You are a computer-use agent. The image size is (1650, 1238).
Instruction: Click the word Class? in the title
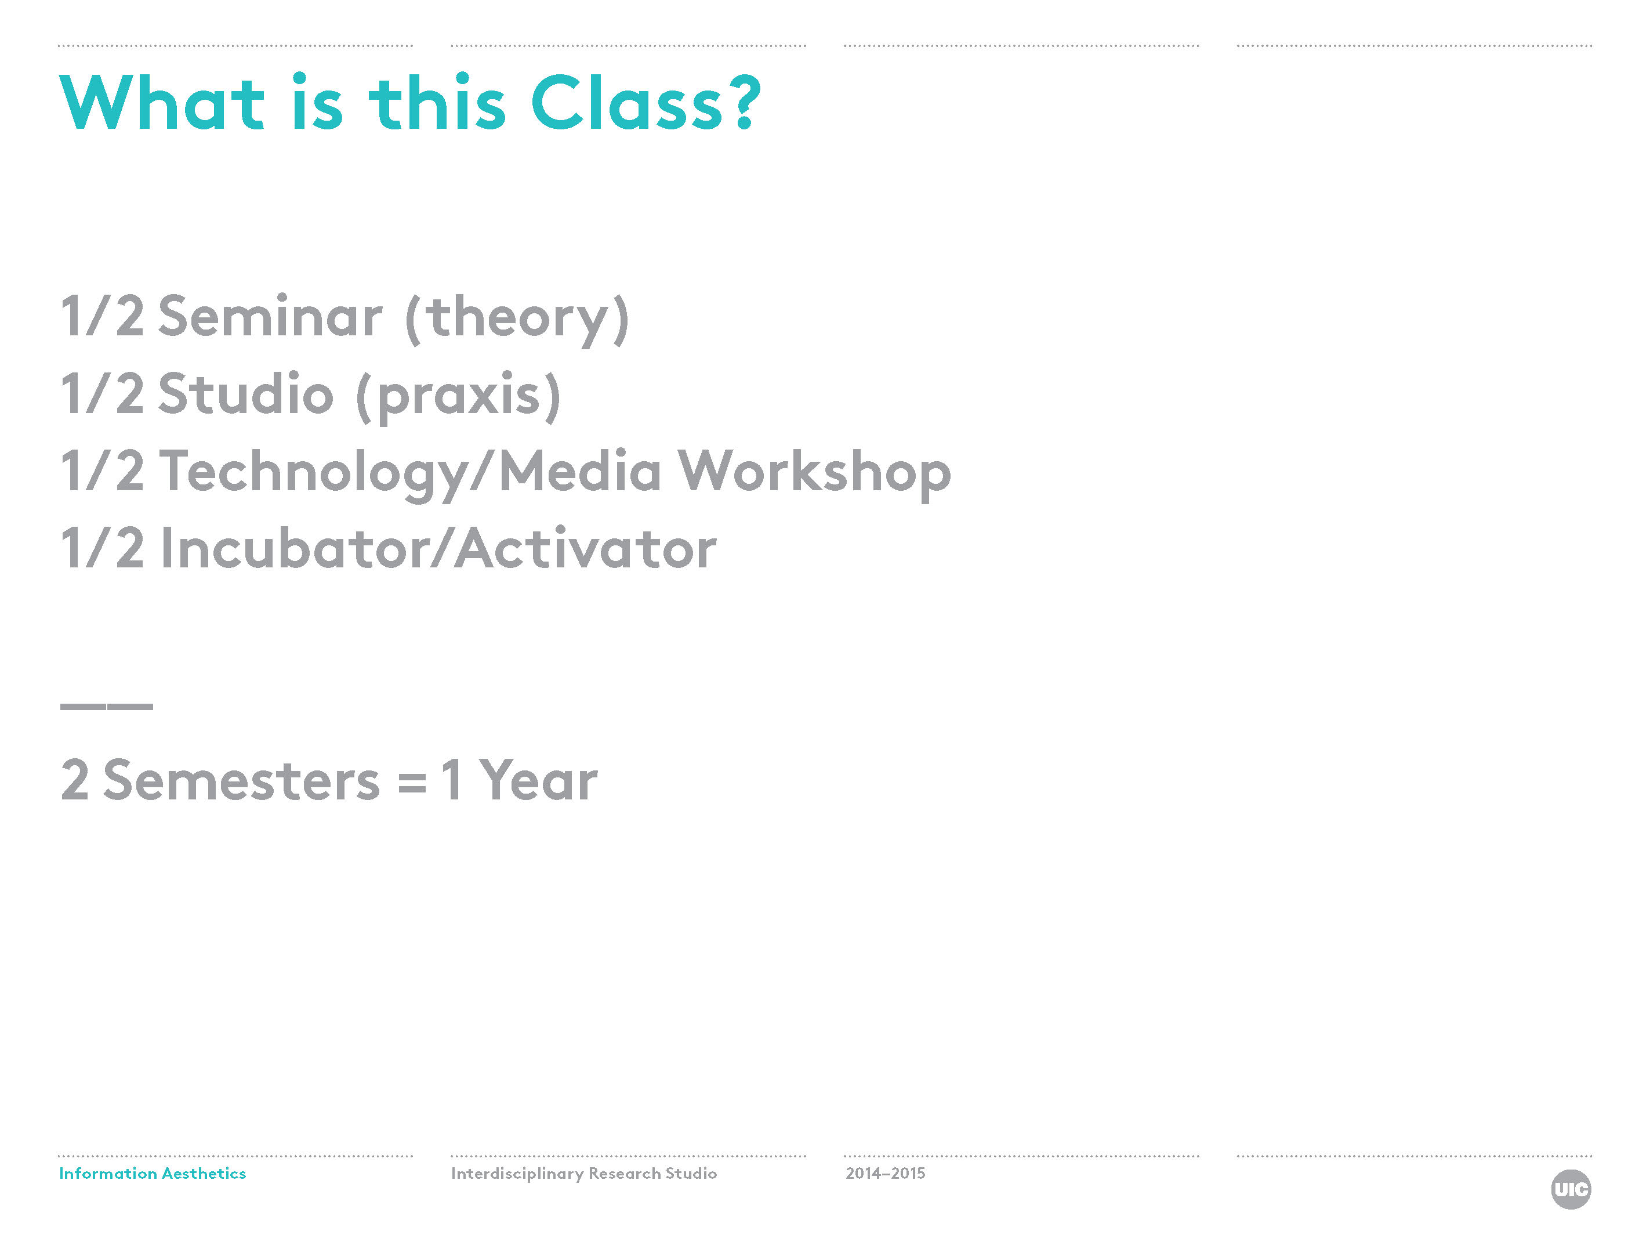click(x=646, y=102)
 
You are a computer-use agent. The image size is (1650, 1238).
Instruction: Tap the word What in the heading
click(x=162, y=102)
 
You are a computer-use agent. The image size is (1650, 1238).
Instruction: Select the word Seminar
click(x=270, y=316)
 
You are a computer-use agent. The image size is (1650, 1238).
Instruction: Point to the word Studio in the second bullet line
click(x=245, y=393)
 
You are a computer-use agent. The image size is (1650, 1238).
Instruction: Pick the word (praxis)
click(x=458, y=396)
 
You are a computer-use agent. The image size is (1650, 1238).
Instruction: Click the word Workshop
click(x=814, y=474)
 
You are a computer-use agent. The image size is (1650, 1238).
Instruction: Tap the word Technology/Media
click(x=410, y=474)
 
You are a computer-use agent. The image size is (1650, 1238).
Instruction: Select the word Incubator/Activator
click(x=438, y=548)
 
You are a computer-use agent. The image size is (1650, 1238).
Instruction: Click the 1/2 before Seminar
click(x=102, y=316)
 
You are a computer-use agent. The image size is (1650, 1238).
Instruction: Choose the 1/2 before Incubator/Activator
click(x=102, y=548)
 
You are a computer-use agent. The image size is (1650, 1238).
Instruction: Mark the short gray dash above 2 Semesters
click(x=107, y=706)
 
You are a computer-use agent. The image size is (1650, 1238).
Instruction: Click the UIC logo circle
click(x=1571, y=1189)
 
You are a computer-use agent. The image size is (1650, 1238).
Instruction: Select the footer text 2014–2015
click(x=886, y=1173)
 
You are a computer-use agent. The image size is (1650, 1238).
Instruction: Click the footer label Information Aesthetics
click(x=152, y=1173)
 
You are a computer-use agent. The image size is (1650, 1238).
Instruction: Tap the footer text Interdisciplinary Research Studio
click(x=584, y=1174)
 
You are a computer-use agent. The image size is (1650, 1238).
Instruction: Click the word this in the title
click(x=438, y=102)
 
